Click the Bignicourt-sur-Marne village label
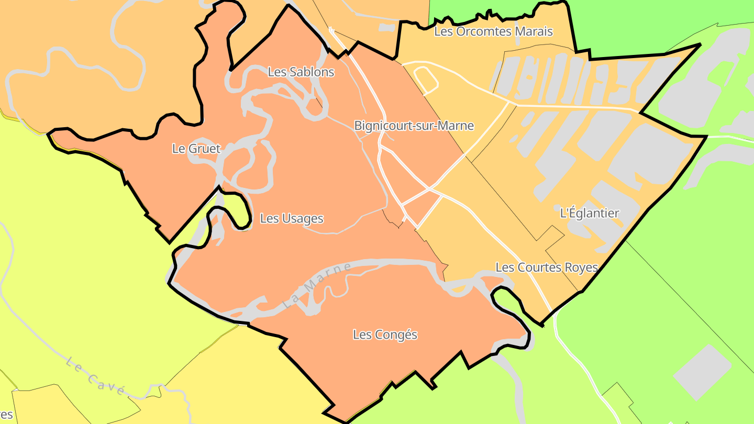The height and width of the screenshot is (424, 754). (x=414, y=126)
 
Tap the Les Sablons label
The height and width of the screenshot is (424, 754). (x=301, y=72)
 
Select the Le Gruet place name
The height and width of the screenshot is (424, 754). (x=196, y=149)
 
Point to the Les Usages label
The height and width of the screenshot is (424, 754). (x=292, y=219)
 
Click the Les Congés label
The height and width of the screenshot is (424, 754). (x=385, y=334)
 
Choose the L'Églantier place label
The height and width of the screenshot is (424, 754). (x=590, y=214)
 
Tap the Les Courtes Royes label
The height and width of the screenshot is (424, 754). (x=547, y=267)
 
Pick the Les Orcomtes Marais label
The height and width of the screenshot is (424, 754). (x=493, y=31)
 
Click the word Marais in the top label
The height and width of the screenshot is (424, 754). (x=534, y=31)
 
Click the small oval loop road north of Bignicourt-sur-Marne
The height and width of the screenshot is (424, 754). (x=426, y=79)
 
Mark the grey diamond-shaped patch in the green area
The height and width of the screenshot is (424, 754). (x=702, y=372)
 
